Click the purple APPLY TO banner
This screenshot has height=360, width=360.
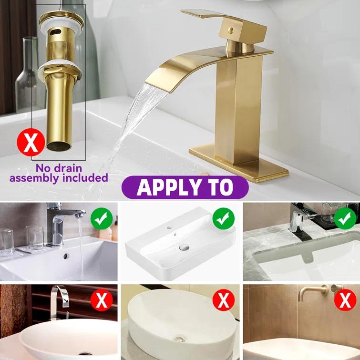pyautogui.click(x=185, y=186)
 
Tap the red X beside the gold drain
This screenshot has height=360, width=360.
pyautogui.click(x=31, y=142)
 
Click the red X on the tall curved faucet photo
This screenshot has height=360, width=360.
pyautogui.click(x=102, y=300)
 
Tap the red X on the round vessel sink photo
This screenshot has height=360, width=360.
pyautogui.click(x=223, y=300)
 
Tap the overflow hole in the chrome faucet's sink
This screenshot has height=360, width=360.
pyautogui.click(x=65, y=256)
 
